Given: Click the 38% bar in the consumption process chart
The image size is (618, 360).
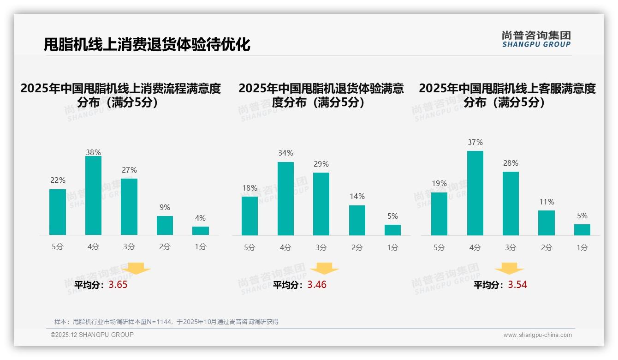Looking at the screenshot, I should tap(93, 196).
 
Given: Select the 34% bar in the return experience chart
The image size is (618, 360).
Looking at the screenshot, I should tap(285, 198).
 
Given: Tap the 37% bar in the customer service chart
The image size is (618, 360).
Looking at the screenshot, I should tap(475, 193).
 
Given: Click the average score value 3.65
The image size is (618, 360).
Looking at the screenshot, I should tap(118, 285).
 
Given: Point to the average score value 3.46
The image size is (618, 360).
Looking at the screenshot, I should tap(317, 285).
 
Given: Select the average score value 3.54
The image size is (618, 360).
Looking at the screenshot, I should tap(517, 285).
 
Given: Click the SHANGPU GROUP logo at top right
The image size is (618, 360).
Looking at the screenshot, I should tap(536, 39).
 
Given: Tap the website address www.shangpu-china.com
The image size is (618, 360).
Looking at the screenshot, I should tap(537, 335).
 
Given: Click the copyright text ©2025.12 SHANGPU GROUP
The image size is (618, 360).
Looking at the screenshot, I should tap(92, 335).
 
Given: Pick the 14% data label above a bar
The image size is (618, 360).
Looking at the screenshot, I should tap(357, 197).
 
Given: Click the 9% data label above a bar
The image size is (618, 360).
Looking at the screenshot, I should tap(165, 208).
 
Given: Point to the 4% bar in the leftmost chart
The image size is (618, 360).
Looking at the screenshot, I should tap(201, 231).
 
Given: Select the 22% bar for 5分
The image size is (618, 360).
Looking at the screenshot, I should tap(58, 212).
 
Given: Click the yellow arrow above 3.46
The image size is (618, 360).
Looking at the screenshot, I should tap(324, 269).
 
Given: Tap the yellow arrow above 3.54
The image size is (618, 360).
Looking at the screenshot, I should tap(509, 269).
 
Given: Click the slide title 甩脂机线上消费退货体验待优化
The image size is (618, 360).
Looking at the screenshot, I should tap(147, 45).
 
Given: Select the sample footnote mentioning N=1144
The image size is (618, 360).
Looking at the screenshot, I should tap(166, 322).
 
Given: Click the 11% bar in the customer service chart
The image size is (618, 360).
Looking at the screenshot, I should tap(547, 223).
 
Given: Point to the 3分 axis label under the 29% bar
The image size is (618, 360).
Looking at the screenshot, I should tap(321, 248).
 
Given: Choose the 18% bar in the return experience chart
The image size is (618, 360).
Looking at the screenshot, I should tap(250, 216).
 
